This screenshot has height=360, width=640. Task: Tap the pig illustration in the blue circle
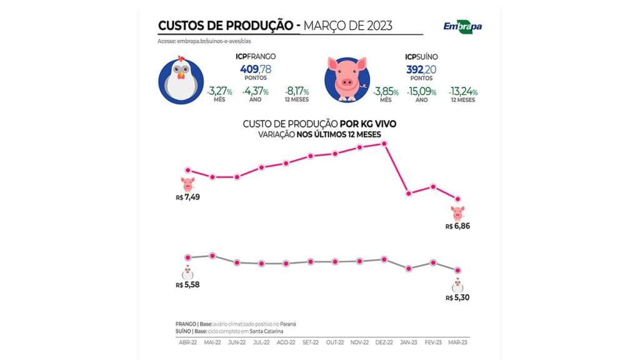[346, 79]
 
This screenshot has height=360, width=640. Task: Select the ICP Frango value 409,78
[254, 68]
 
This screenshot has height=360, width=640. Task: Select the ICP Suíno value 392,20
[424, 68]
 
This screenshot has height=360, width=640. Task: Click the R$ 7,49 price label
[187, 197]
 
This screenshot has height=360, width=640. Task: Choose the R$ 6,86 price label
[457, 226]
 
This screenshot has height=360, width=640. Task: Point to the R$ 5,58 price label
[187, 285]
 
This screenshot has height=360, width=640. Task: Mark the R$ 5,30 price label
[457, 297]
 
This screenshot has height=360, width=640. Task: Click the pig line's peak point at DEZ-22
[384, 144]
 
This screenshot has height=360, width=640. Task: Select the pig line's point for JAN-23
[409, 193]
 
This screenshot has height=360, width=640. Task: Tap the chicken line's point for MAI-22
[212, 256]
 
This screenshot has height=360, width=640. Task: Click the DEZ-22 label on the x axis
[384, 343]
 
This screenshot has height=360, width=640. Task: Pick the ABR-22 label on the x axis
[187, 343]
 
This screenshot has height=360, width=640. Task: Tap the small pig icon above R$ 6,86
[457, 212]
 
